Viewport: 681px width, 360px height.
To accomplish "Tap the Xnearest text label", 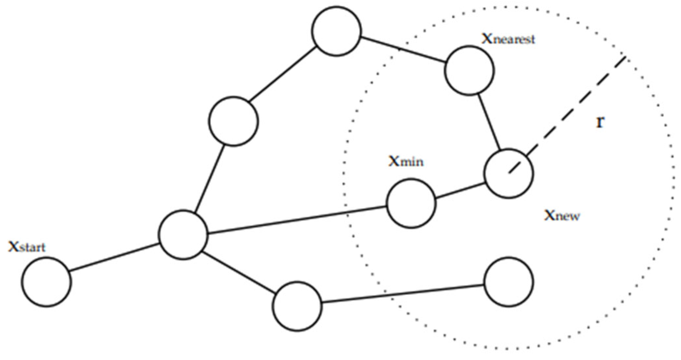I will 508,39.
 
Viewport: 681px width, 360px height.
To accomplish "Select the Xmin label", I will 406,161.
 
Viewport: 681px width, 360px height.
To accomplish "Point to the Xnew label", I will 562,215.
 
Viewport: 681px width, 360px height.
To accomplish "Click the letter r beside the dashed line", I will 600,122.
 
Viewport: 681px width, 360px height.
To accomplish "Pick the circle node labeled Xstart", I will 47,282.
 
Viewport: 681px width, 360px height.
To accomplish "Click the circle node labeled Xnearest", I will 469,71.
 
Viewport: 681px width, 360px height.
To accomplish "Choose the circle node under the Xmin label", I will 411,203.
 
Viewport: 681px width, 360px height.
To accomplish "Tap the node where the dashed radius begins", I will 509,173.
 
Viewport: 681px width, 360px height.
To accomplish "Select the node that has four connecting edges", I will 183,235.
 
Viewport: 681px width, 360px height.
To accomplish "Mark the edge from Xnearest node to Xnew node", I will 489,122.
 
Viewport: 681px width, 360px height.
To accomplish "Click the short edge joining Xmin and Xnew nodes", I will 460,191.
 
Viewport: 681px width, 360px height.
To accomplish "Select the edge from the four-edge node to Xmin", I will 297,220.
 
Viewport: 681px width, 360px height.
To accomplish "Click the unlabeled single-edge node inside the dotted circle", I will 509,282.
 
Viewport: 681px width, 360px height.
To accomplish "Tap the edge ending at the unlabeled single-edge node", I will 403,294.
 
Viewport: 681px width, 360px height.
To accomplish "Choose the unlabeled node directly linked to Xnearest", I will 336,31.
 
